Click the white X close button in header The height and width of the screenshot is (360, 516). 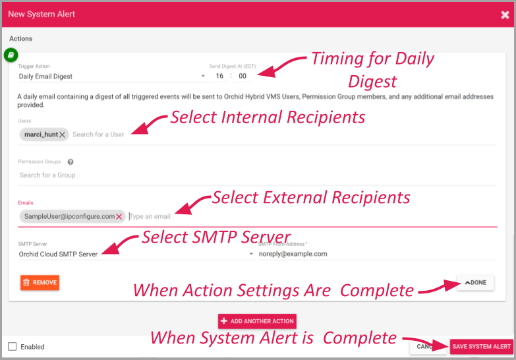[x=505, y=15]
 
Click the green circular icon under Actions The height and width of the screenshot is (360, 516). [x=11, y=55]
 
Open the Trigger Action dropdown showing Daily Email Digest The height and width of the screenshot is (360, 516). [x=112, y=76]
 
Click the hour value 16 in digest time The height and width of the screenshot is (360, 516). [x=219, y=76]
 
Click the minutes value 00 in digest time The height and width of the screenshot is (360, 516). [x=243, y=76]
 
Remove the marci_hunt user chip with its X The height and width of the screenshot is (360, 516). [x=62, y=135]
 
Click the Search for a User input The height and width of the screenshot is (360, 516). [x=99, y=135]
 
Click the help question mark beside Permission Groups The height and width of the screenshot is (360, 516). [x=71, y=162]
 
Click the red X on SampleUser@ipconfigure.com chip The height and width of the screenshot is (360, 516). [x=119, y=216]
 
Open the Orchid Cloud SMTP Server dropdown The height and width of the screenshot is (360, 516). [x=135, y=254]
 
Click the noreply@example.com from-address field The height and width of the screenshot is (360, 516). [x=376, y=254]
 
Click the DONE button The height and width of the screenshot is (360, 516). [x=475, y=283]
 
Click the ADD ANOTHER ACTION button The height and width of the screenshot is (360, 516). [x=257, y=321]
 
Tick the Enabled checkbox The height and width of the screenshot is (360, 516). [x=12, y=347]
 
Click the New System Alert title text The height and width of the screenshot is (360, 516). [x=42, y=14]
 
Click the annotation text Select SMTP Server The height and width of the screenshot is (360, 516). [x=216, y=237]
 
